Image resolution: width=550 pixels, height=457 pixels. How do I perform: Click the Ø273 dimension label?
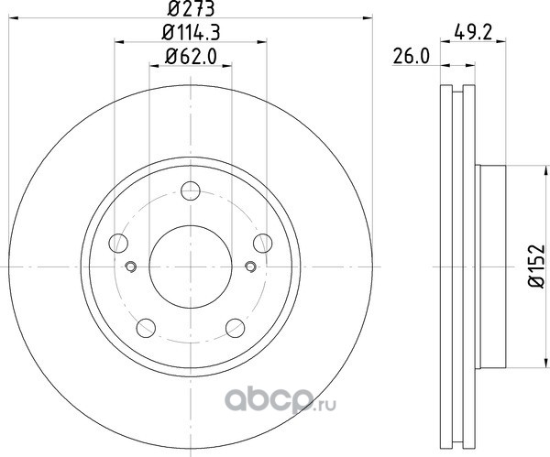(x=191, y=8)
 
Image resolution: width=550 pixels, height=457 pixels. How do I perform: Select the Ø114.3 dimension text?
(x=191, y=33)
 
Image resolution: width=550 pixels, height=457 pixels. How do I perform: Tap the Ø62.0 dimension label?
(x=191, y=57)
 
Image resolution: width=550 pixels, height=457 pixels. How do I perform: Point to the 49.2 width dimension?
(x=473, y=33)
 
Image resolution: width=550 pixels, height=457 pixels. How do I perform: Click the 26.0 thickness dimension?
(x=411, y=57)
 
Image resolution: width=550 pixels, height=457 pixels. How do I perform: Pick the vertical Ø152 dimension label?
(x=536, y=267)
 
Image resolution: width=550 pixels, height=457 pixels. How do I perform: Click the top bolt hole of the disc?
(x=191, y=191)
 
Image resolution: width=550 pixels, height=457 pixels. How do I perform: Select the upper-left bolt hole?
(x=118, y=243)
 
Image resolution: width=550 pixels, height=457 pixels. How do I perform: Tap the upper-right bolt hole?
(x=263, y=243)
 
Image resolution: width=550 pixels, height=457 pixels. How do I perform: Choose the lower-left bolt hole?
(x=146, y=328)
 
